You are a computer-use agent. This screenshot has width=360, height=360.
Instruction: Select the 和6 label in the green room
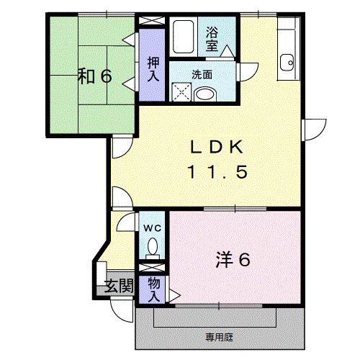tap(94, 76)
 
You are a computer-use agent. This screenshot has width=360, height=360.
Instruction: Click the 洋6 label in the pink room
tap(232, 260)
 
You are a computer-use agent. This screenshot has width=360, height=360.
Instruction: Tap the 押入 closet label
tap(152, 68)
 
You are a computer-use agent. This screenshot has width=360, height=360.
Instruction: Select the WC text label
tap(152, 228)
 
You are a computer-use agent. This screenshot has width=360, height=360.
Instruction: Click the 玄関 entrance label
tap(120, 286)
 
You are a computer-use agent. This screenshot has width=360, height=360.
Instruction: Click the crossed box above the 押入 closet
tap(152, 21)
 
